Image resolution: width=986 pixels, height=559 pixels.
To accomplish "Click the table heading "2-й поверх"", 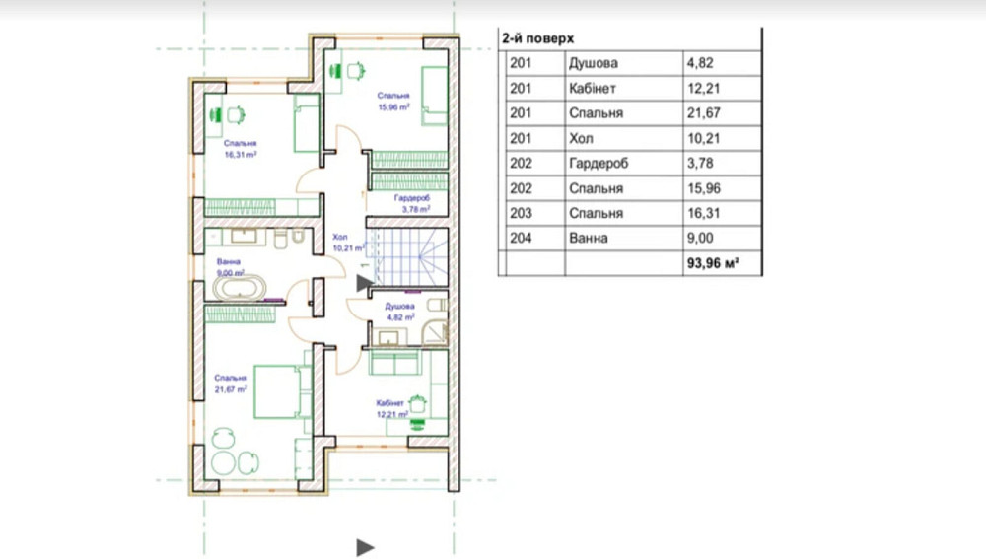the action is click(x=537, y=38).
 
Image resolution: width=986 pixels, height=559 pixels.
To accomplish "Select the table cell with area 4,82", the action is click(x=700, y=63).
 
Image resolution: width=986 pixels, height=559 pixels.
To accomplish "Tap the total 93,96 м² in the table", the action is click(x=713, y=263).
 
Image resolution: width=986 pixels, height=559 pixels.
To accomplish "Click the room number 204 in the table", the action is click(x=521, y=238).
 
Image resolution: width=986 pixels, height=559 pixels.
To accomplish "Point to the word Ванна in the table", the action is click(x=589, y=238).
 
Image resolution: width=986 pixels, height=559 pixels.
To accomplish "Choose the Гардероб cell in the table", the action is click(x=599, y=164).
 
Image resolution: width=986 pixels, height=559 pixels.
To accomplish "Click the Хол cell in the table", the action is click(x=581, y=138).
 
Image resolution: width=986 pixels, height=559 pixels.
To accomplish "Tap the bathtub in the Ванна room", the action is click(x=239, y=289).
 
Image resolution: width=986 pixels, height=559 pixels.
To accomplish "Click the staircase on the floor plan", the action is click(x=408, y=257).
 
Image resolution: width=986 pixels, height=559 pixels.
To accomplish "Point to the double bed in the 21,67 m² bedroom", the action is click(x=282, y=391).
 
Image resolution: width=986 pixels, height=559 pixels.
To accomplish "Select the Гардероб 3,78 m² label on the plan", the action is click(x=412, y=203).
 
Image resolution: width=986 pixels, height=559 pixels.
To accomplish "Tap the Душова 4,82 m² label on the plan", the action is click(x=400, y=312).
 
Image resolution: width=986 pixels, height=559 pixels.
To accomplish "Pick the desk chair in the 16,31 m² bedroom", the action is click(x=236, y=115).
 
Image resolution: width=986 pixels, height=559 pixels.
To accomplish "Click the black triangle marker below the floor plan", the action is click(x=366, y=548).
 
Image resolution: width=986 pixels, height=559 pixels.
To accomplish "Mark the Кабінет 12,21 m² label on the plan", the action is click(x=391, y=409).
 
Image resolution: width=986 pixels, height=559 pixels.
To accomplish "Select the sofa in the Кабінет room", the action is click(x=395, y=363).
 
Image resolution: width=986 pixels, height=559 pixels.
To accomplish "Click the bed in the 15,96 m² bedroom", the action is click(x=435, y=96).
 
